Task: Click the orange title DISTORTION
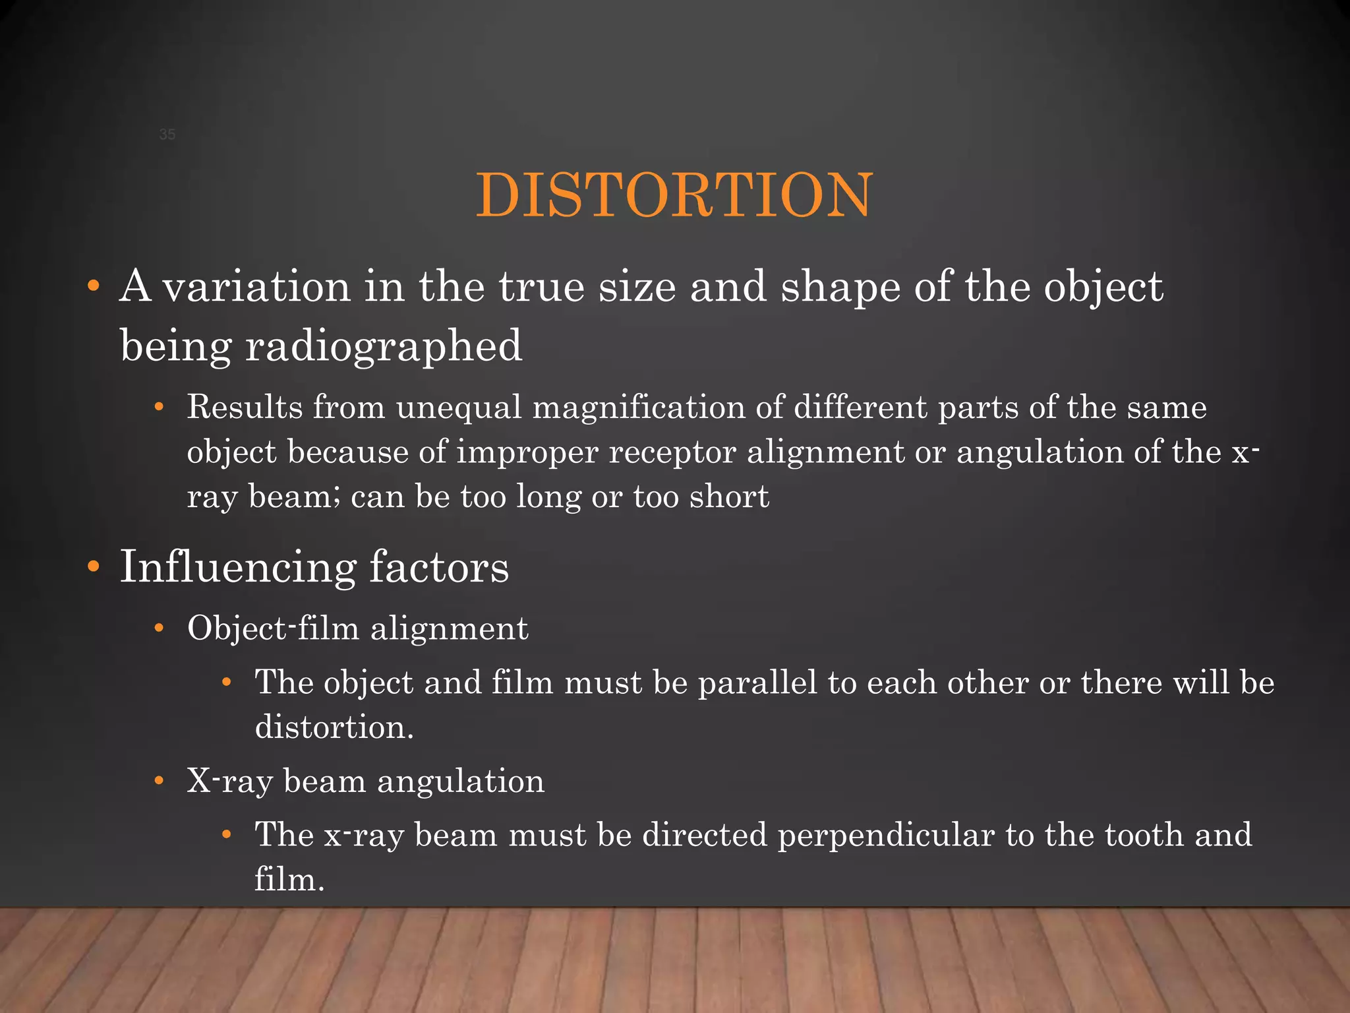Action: (x=674, y=195)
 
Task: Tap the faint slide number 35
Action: (x=167, y=135)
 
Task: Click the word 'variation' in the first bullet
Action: (x=256, y=288)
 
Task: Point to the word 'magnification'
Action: (x=639, y=407)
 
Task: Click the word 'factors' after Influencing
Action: (x=438, y=567)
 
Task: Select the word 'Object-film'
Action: (x=273, y=628)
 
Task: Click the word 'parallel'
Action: (x=757, y=683)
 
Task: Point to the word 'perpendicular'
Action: (x=886, y=836)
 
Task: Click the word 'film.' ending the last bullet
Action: (x=289, y=880)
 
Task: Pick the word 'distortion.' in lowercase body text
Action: (x=334, y=727)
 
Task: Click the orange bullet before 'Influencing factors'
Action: (x=94, y=567)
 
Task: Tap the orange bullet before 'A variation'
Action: (x=94, y=287)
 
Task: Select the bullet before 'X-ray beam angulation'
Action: (x=159, y=782)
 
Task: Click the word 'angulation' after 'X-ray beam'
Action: (x=461, y=782)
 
